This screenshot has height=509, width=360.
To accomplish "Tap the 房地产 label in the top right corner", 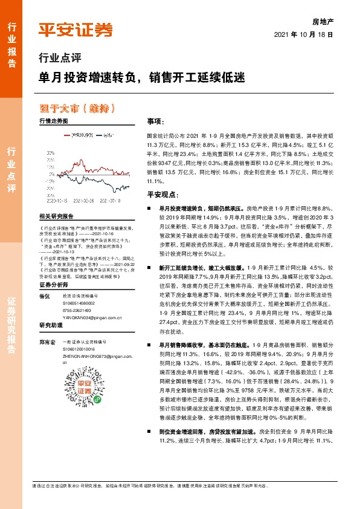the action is (323, 21).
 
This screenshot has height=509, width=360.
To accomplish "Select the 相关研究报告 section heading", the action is (56, 216).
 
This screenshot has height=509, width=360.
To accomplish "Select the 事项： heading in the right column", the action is (139, 121).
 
